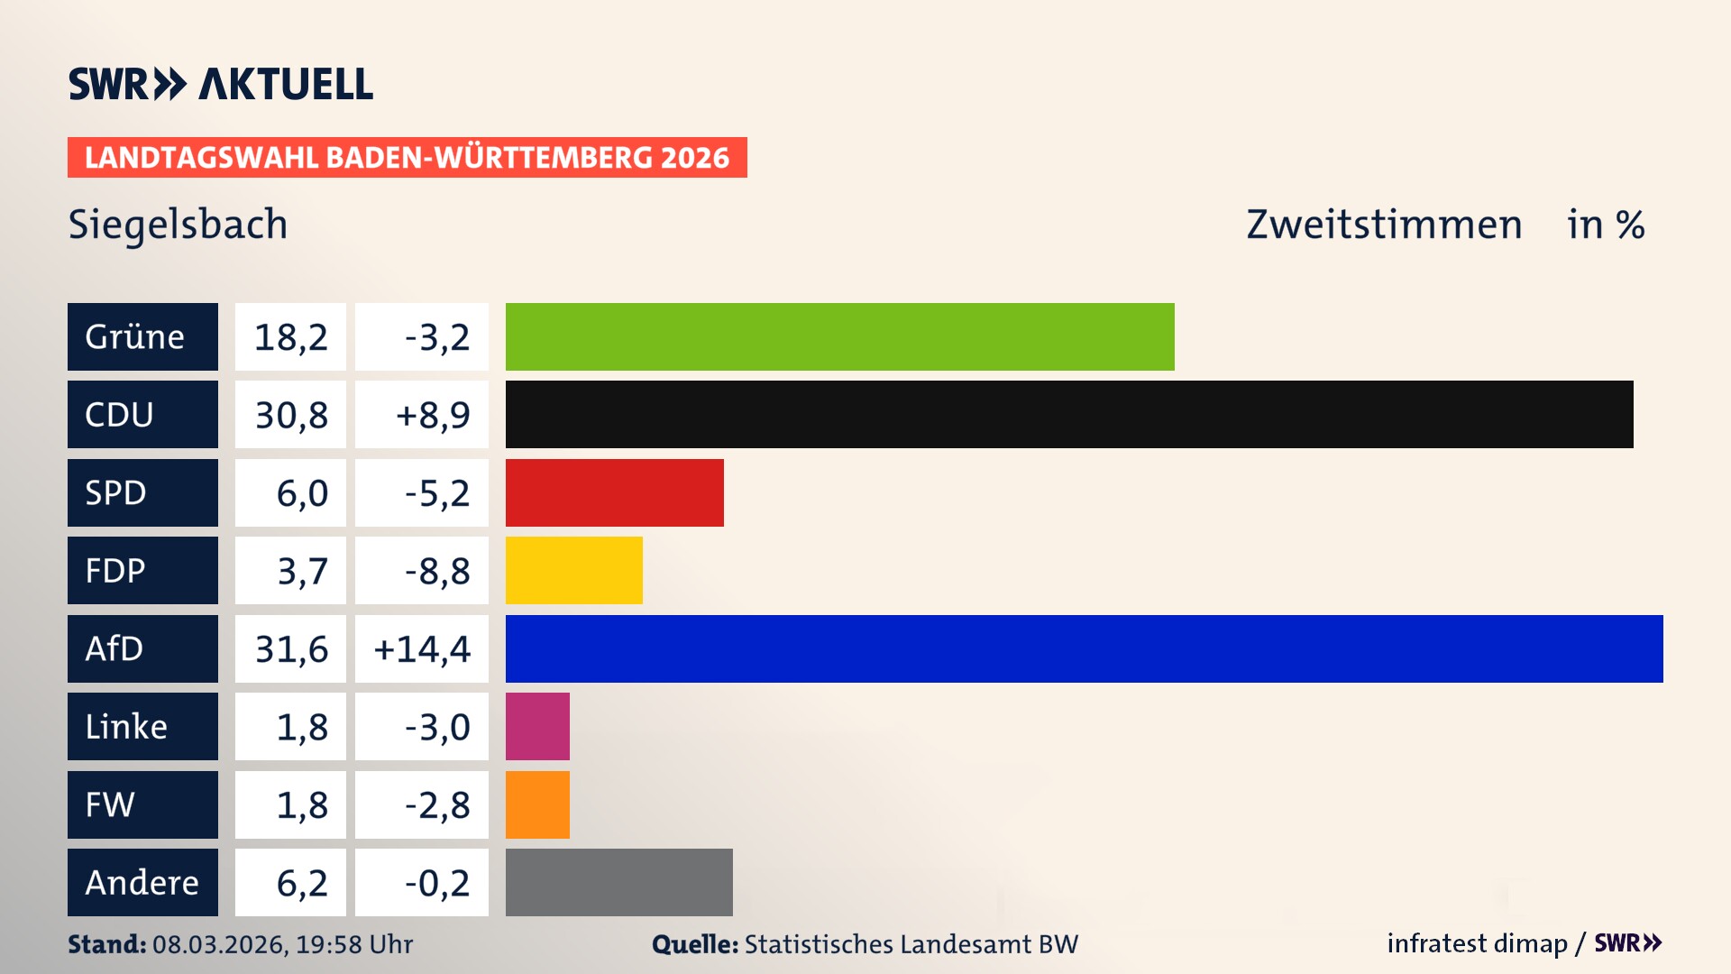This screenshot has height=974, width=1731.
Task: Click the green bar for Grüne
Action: tap(839, 336)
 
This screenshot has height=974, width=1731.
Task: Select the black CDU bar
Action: tap(1069, 415)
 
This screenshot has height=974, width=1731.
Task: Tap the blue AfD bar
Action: tap(1084, 649)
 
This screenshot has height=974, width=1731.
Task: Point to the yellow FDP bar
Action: tap(573, 571)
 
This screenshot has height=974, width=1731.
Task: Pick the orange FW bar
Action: tap(537, 804)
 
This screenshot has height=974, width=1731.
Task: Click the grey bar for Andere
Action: tap(618, 882)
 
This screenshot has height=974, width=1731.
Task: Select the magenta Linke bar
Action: tap(537, 727)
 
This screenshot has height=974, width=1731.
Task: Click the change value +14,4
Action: tap(422, 649)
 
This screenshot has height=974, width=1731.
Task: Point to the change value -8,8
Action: tap(437, 571)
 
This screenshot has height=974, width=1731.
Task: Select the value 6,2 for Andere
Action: tap(301, 883)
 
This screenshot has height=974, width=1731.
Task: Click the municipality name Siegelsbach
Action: tap(178, 225)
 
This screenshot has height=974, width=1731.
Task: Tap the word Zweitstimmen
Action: tap(1384, 225)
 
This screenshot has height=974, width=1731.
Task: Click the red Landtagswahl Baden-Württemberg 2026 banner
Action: tap(407, 158)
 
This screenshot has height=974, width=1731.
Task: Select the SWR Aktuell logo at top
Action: tap(221, 84)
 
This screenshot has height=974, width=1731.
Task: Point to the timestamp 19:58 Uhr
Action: tap(354, 944)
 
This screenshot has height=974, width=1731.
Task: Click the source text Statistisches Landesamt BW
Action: tap(911, 944)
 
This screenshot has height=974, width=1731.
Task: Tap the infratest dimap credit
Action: tap(1477, 943)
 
